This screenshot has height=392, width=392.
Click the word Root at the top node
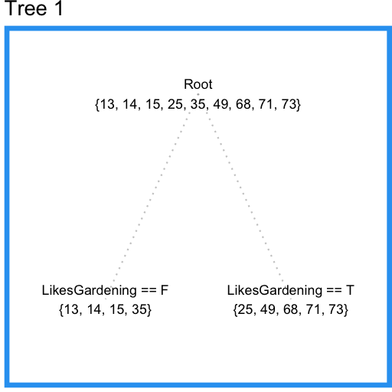pos(198,85)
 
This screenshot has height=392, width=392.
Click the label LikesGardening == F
pos(104,291)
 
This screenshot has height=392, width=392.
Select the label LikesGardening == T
pos(291,291)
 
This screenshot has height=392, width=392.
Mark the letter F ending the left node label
pos(164,291)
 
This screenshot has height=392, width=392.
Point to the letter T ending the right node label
pos(351,291)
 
